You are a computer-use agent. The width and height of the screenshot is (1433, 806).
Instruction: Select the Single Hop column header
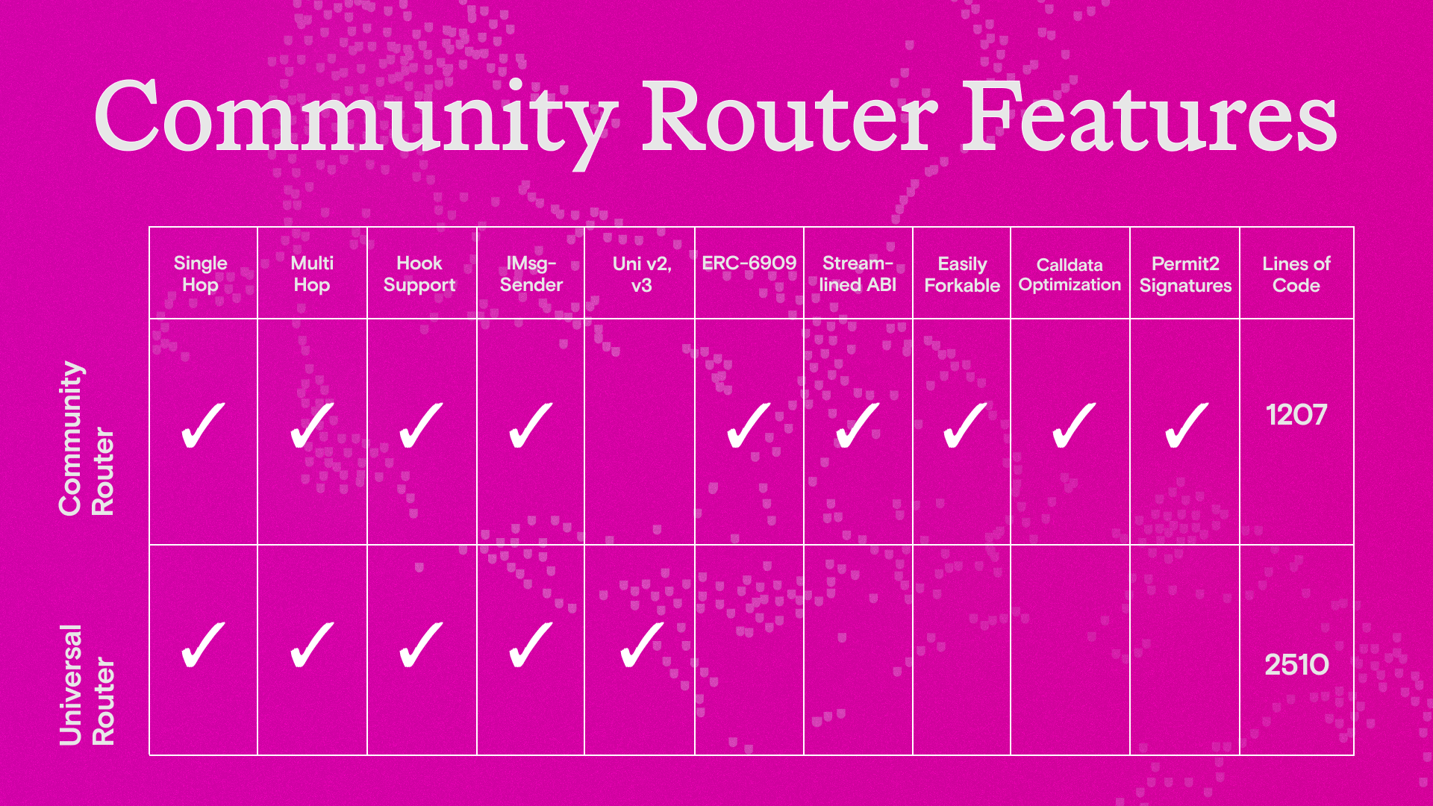coord(200,274)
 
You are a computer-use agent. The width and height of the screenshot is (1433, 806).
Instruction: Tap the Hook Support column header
coord(419,274)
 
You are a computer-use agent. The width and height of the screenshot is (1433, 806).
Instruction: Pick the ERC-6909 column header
coord(749,263)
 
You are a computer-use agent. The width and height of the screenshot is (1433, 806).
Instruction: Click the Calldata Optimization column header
coord(1070,275)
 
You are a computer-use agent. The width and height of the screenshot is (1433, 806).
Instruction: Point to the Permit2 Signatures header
coord(1185,275)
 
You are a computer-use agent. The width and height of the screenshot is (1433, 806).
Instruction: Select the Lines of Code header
coord(1296,275)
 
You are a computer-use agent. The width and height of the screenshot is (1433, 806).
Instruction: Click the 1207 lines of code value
coord(1296,415)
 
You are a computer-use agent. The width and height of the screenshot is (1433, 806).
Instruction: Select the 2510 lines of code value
coord(1296,664)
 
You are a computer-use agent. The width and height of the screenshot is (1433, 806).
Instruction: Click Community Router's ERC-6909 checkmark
coord(749,425)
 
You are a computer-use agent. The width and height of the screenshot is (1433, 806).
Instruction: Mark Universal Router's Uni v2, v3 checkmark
coord(642,645)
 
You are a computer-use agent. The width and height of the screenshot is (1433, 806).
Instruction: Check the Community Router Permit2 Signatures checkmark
coord(1186,425)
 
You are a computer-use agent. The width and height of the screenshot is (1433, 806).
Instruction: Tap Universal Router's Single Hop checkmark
coord(203,645)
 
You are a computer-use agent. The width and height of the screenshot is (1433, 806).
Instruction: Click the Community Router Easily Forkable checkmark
coord(965,425)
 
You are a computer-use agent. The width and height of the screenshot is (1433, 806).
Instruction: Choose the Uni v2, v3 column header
coord(642,274)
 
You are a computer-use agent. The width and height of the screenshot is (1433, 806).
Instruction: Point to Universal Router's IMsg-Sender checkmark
coord(531,645)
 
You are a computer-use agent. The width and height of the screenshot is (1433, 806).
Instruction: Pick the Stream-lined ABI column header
coord(858,274)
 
